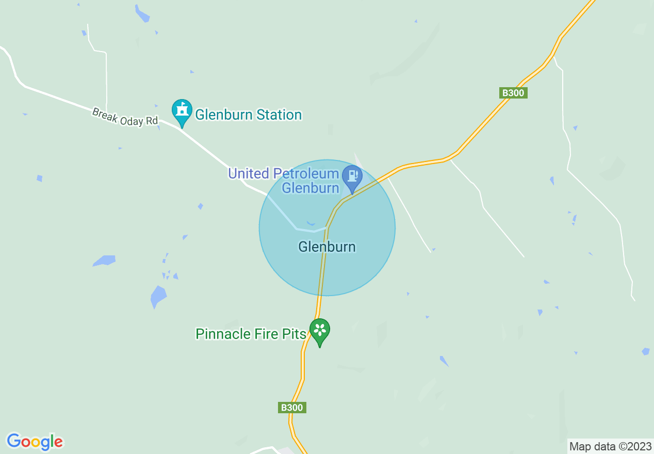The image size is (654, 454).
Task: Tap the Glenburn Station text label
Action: (248, 115)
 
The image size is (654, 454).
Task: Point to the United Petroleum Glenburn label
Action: (284, 181)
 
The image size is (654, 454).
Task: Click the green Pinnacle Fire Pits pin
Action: (320, 330)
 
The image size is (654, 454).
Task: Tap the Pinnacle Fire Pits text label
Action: (251, 334)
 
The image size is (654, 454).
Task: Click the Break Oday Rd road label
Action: (125, 117)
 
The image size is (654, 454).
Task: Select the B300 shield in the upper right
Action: (514, 93)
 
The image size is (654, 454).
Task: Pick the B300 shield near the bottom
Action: (292, 408)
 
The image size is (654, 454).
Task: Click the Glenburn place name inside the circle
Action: (327, 247)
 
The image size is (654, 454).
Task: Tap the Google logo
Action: (35, 442)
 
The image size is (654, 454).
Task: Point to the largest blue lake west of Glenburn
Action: (158, 296)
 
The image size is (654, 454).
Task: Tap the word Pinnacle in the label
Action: (223, 334)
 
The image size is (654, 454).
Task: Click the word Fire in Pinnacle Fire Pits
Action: (266, 334)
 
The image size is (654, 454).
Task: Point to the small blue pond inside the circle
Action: (310, 223)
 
